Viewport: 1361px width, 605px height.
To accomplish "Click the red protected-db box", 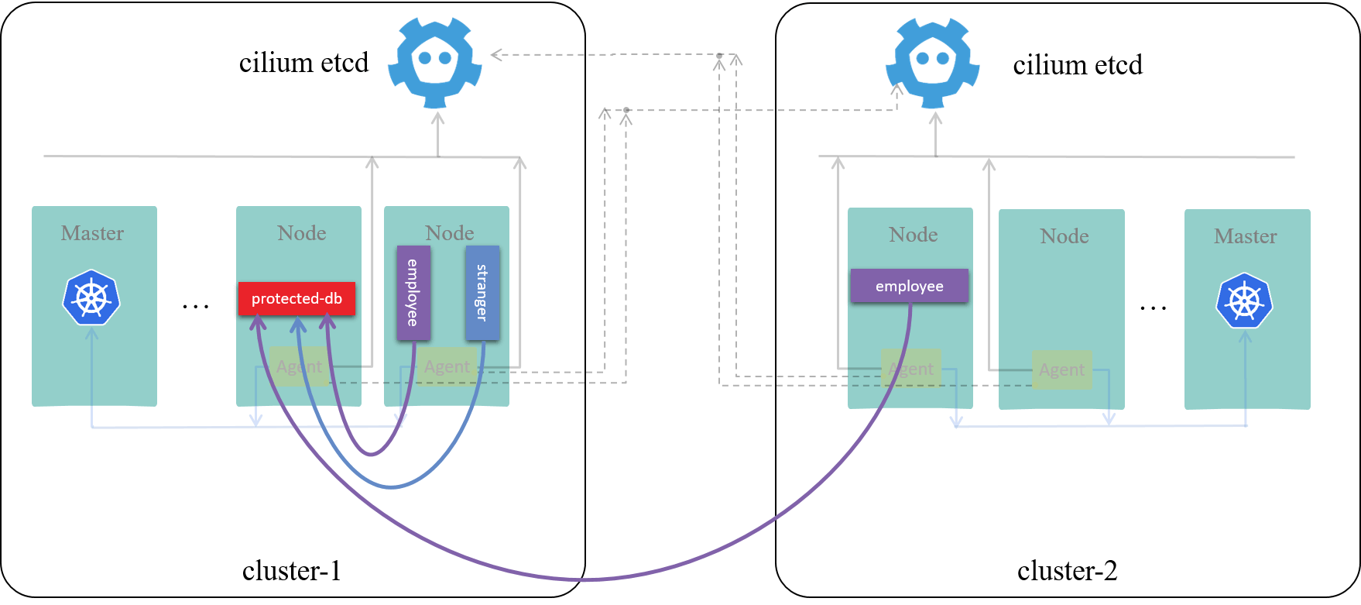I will pyautogui.click(x=297, y=299).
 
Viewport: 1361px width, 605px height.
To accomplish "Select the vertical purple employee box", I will pyautogui.click(x=413, y=293).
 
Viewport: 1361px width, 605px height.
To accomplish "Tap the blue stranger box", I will pyautogui.click(x=482, y=293).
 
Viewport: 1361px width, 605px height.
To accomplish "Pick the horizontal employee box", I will pyautogui.click(x=910, y=286).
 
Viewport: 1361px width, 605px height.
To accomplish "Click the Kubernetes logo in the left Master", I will pyautogui.click(x=91, y=297).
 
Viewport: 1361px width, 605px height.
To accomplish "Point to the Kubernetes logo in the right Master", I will pyautogui.click(x=1244, y=301).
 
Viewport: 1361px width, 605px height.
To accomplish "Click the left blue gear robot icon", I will pyautogui.click(x=434, y=62).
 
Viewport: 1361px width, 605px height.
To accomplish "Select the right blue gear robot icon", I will pyautogui.click(x=932, y=62).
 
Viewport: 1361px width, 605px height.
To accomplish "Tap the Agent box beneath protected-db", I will pyautogui.click(x=299, y=366).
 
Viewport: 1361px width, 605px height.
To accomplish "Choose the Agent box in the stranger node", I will pyautogui.click(x=447, y=366).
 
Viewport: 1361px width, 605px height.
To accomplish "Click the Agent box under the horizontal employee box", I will pyautogui.click(x=911, y=369).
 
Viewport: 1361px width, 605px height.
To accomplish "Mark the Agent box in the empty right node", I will pyautogui.click(x=1062, y=370).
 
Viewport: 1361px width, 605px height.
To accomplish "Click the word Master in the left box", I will pyautogui.click(x=93, y=233).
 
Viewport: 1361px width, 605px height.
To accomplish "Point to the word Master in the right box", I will pyautogui.click(x=1246, y=236).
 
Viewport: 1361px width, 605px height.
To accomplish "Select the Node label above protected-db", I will pyautogui.click(x=302, y=233).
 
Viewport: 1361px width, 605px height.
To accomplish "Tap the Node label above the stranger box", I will pyautogui.click(x=450, y=233).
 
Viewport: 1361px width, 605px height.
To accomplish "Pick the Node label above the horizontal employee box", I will pyautogui.click(x=914, y=235).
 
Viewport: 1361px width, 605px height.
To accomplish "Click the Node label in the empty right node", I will pyautogui.click(x=1065, y=236).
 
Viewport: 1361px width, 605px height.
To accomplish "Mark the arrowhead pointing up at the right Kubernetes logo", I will pyautogui.click(x=1246, y=336).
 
